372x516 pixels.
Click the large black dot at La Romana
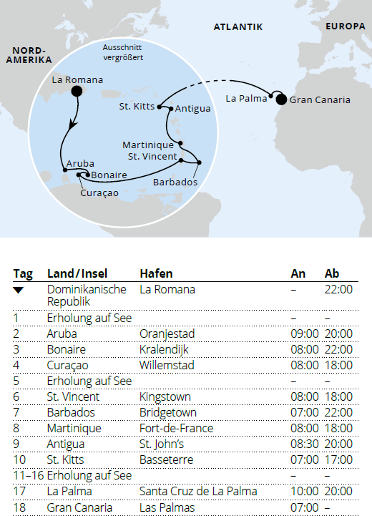[77, 92]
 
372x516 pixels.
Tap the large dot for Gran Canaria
[281, 99]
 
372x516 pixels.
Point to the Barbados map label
[175, 182]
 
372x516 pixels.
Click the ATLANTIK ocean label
[238, 27]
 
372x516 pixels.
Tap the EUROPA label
[345, 26]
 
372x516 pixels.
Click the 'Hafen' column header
[156, 273]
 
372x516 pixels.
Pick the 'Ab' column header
[332, 273]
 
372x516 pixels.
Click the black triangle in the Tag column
[19, 290]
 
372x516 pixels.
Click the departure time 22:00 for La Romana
[338, 290]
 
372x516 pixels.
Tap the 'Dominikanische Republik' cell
[87, 296]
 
